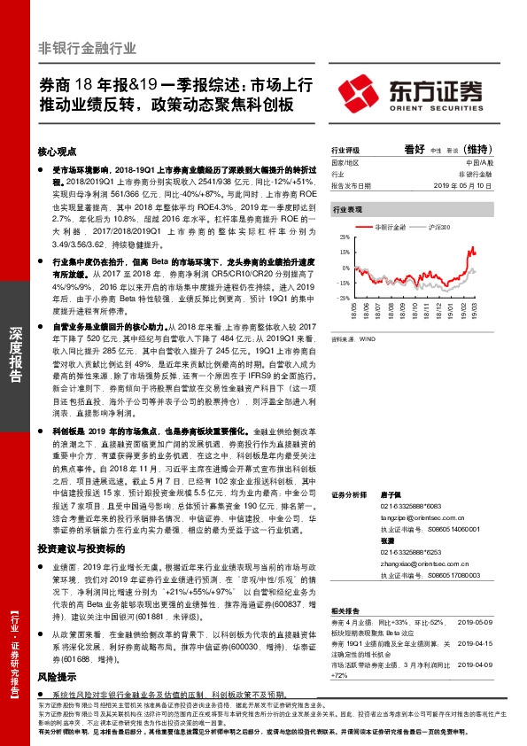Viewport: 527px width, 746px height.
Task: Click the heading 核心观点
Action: click(x=58, y=152)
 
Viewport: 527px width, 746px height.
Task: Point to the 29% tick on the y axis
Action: click(x=344, y=238)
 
